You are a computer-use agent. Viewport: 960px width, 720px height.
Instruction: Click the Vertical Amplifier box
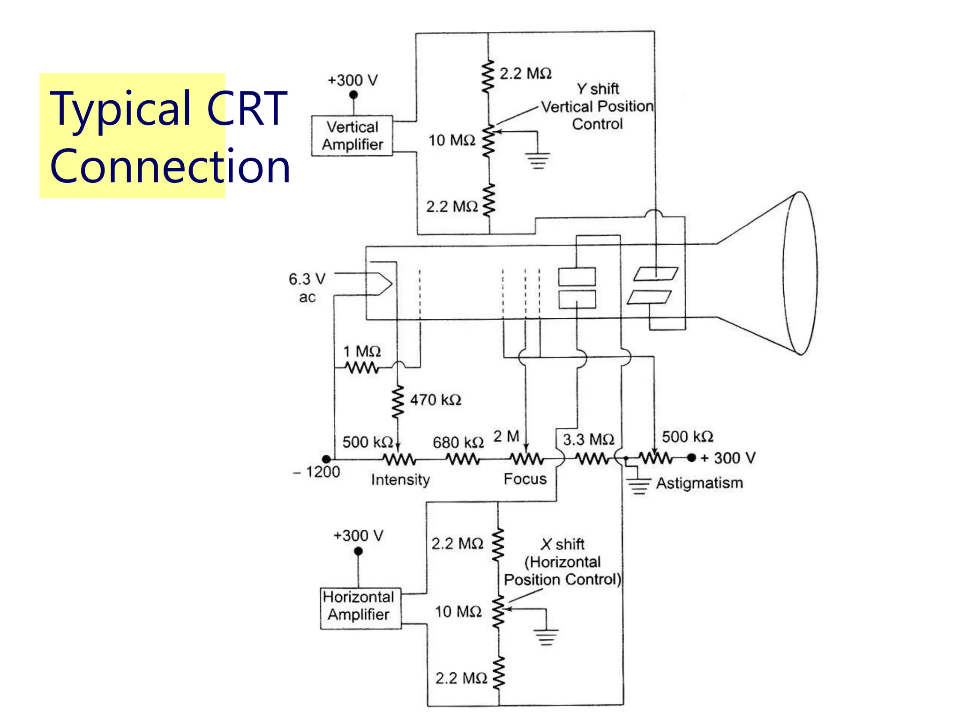pos(352,136)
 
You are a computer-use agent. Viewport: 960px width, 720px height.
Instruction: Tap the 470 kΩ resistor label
pos(435,400)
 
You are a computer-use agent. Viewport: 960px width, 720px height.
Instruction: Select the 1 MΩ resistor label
pos(362,351)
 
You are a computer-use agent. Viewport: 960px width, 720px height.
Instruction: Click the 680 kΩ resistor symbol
pos(463,459)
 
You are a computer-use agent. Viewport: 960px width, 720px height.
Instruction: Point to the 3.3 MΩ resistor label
pos(588,440)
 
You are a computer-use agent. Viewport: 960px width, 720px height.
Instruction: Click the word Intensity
pos(400,480)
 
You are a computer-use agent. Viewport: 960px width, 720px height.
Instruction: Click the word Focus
pos(525,479)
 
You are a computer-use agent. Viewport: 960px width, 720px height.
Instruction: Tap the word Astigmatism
pos(699,483)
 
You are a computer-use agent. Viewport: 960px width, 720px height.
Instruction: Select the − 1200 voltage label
pos(317,472)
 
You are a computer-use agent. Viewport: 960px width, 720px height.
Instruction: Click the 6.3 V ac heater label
pos(307,287)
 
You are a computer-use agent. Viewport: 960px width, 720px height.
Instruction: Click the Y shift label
pos(598,89)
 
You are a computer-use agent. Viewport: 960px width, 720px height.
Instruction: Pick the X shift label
pos(562,544)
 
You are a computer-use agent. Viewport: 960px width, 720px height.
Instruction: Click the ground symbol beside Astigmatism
pos(638,486)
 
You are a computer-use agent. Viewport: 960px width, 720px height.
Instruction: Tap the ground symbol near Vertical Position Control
pos(538,160)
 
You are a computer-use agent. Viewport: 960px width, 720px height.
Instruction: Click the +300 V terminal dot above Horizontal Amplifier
pos(358,551)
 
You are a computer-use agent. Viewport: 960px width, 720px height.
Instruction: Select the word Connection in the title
pos(170,166)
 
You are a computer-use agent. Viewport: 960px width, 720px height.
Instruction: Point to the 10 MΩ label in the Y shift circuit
pos(452,140)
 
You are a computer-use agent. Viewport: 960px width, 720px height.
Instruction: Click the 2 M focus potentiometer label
pos(506,436)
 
